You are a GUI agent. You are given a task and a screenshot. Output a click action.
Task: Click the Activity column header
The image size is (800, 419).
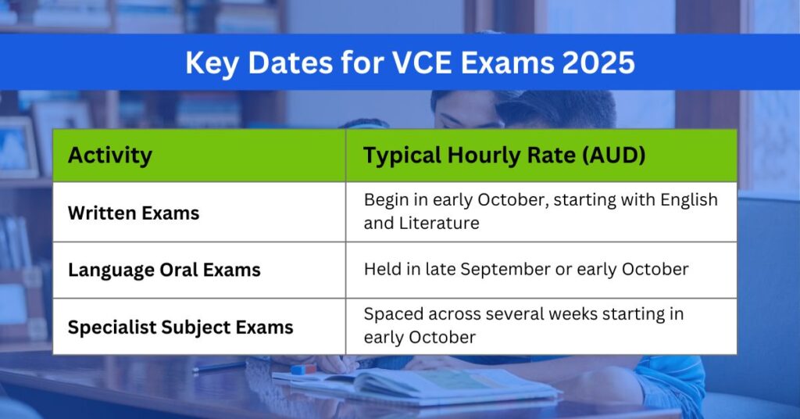tap(109, 155)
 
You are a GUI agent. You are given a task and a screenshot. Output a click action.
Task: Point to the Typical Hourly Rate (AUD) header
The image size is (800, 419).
tap(504, 155)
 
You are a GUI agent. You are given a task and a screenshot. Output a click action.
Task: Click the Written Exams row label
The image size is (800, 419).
tap(133, 213)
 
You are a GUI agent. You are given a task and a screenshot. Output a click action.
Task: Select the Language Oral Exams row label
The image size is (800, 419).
tap(164, 270)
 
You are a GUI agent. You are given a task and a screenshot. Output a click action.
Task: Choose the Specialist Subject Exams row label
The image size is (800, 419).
tap(180, 327)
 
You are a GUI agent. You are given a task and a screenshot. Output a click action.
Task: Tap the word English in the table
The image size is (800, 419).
tap(688, 200)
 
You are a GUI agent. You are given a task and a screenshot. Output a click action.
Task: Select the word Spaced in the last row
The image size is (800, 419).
tap(390, 314)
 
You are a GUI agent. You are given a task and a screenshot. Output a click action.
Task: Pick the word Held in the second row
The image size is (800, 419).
tap(381, 270)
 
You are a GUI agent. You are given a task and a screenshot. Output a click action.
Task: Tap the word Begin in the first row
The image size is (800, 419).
tap(385, 200)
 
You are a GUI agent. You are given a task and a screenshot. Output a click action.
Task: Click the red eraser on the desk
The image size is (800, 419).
tap(303, 368)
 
